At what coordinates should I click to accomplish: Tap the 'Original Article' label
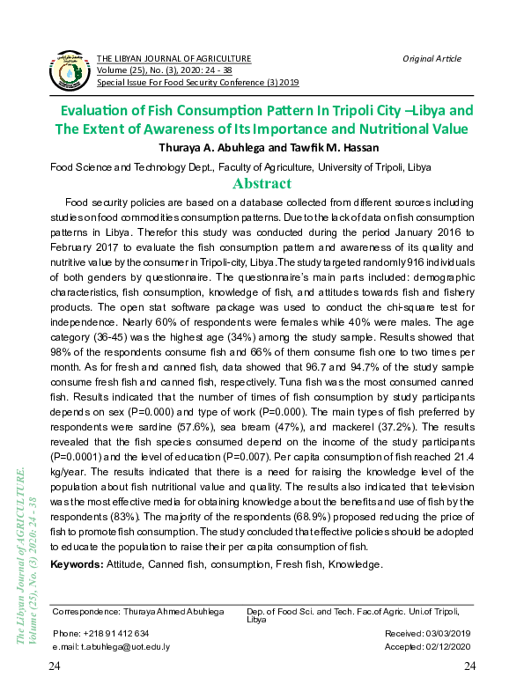pos(432,59)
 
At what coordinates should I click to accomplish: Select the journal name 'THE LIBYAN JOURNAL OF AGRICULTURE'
pos(173,59)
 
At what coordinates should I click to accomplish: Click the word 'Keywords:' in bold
pos(77,563)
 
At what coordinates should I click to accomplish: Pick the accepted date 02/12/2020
pos(447,645)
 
